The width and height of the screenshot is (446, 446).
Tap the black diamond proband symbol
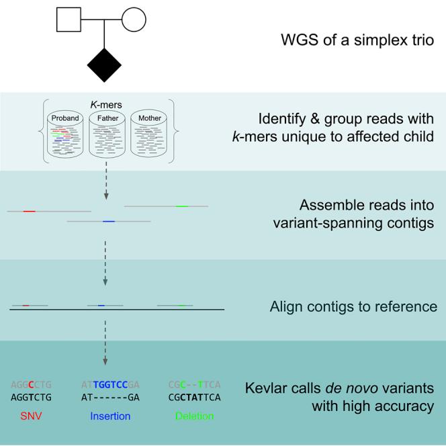(x=104, y=65)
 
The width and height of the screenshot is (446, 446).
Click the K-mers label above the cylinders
(x=106, y=105)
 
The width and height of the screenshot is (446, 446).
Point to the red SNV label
(x=31, y=416)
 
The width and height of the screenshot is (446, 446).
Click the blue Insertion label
(x=110, y=416)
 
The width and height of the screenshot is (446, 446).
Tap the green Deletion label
(x=195, y=416)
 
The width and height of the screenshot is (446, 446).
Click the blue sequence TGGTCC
(x=110, y=385)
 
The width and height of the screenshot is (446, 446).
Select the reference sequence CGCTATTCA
(x=195, y=397)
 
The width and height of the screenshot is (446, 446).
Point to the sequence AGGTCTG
(x=31, y=397)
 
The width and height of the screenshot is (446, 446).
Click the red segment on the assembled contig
(x=29, y=212)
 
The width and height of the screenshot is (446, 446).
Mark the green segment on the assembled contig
(x=182, y=206)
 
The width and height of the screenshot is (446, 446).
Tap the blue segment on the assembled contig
(x=109, y=221)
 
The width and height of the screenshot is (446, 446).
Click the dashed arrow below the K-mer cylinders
(x=106, y=181)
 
